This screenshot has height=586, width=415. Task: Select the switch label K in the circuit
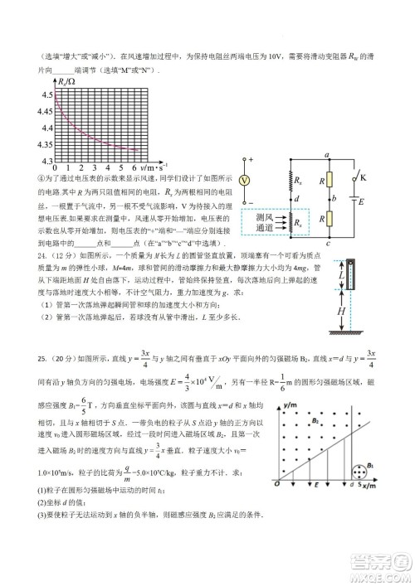362,176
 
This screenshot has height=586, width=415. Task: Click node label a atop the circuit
329,155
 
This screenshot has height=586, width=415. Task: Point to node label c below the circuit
329,243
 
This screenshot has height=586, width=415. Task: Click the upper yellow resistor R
328,179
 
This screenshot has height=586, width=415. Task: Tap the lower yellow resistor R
328,220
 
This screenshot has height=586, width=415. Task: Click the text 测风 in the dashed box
256,217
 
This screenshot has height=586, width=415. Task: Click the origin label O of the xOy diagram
274,508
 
